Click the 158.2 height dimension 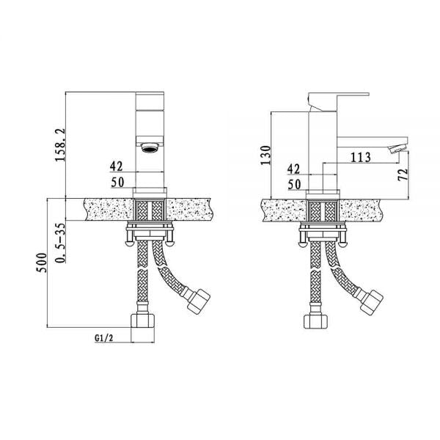[60, 144]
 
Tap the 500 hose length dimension [41, 263]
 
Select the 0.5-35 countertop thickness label [60, 243]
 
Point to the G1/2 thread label [104, 338]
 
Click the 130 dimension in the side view [265, 155]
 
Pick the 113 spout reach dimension [361, 157]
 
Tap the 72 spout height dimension [403, 175]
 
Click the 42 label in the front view [116, 166]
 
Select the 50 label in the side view [294, 185]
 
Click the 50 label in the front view [117, 183]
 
